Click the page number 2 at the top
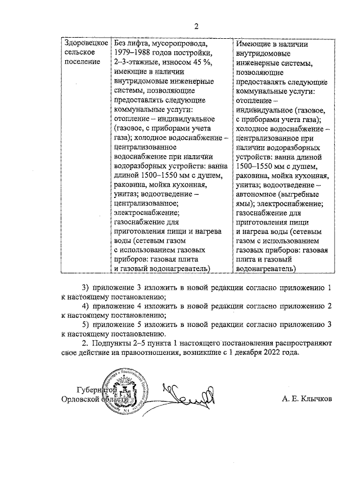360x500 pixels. [x=197, y=26]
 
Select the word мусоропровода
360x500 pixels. [x=180, y=43]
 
